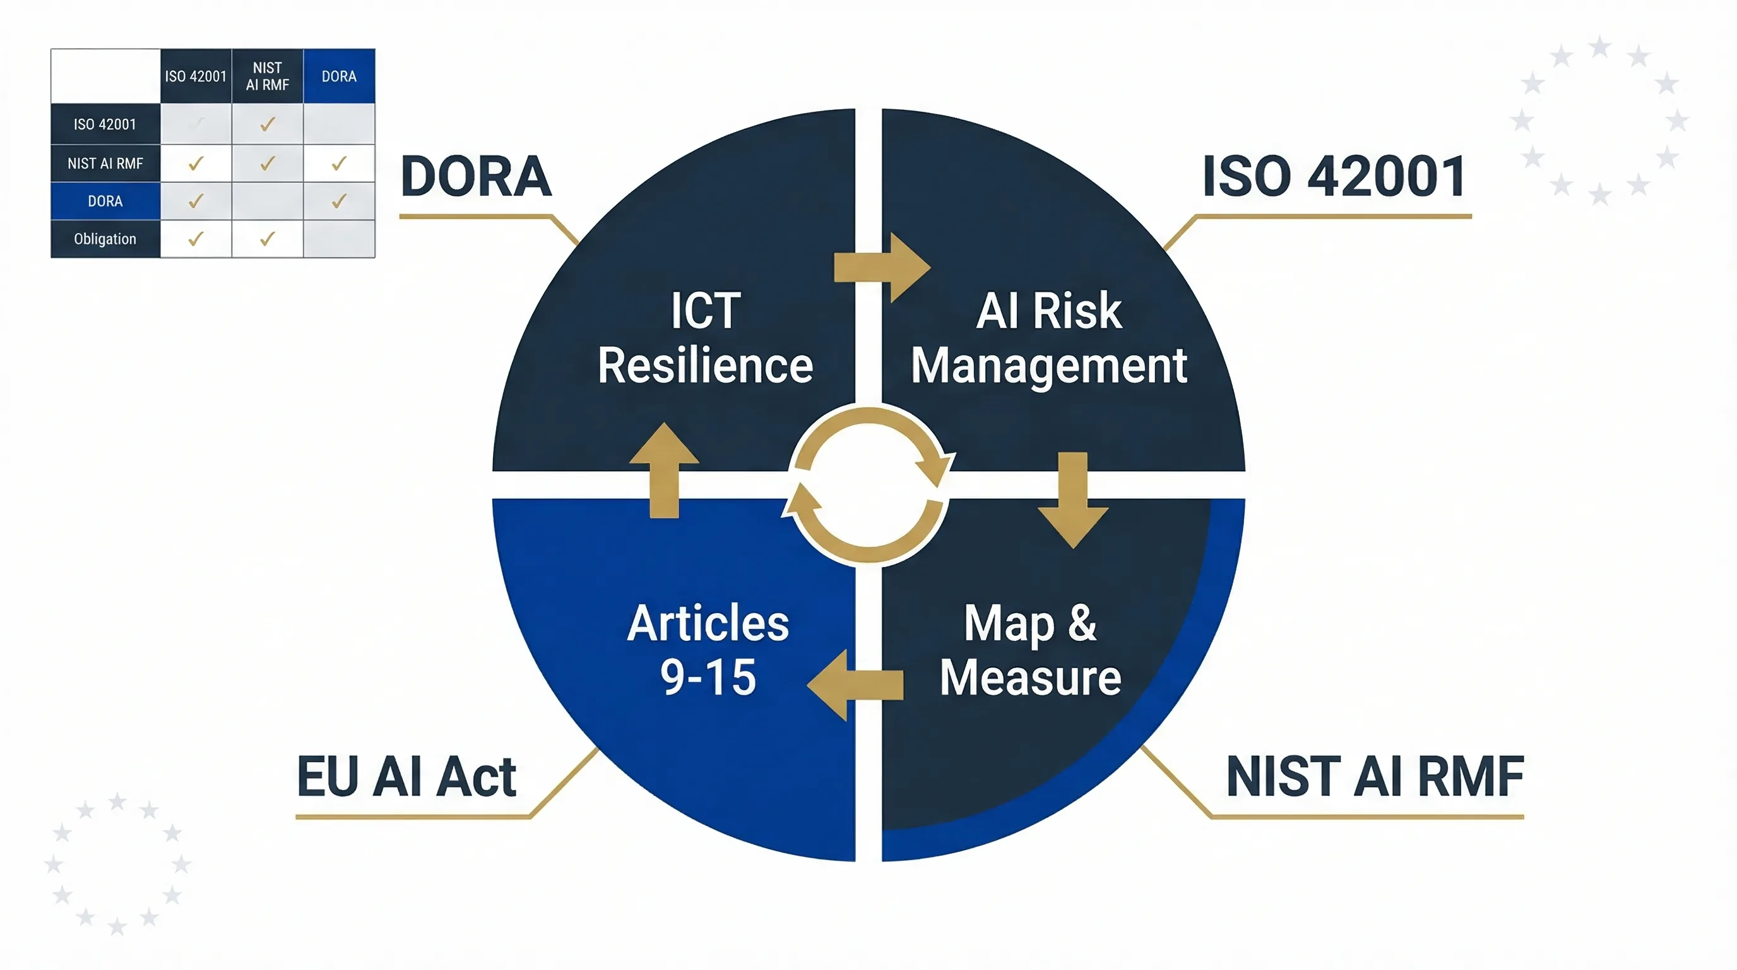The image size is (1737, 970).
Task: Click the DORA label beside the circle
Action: click(476, 177)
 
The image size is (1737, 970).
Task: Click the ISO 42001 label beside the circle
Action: click(1334, 177)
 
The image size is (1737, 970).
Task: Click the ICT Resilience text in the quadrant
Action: click(705, 338)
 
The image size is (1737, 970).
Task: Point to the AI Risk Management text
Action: click(1048, 338)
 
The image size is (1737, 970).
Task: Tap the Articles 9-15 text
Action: click(708, 650)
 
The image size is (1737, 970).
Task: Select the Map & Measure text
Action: click(1030, 650)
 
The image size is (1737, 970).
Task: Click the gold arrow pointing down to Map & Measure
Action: click(1073, 500)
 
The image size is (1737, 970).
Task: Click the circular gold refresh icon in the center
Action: click(868, 484)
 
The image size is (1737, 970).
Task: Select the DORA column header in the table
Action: click(338, 76)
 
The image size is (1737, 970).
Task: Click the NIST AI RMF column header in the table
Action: click(267, 76)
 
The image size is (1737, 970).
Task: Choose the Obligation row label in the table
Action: click(105, 239)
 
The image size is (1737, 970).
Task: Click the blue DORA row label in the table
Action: click(105, 201)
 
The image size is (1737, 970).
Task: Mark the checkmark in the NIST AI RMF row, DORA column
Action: click(339, 163)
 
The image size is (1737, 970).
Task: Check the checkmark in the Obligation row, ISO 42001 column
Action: click(196, 239)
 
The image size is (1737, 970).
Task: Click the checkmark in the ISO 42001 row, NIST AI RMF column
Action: click(268, 124)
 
